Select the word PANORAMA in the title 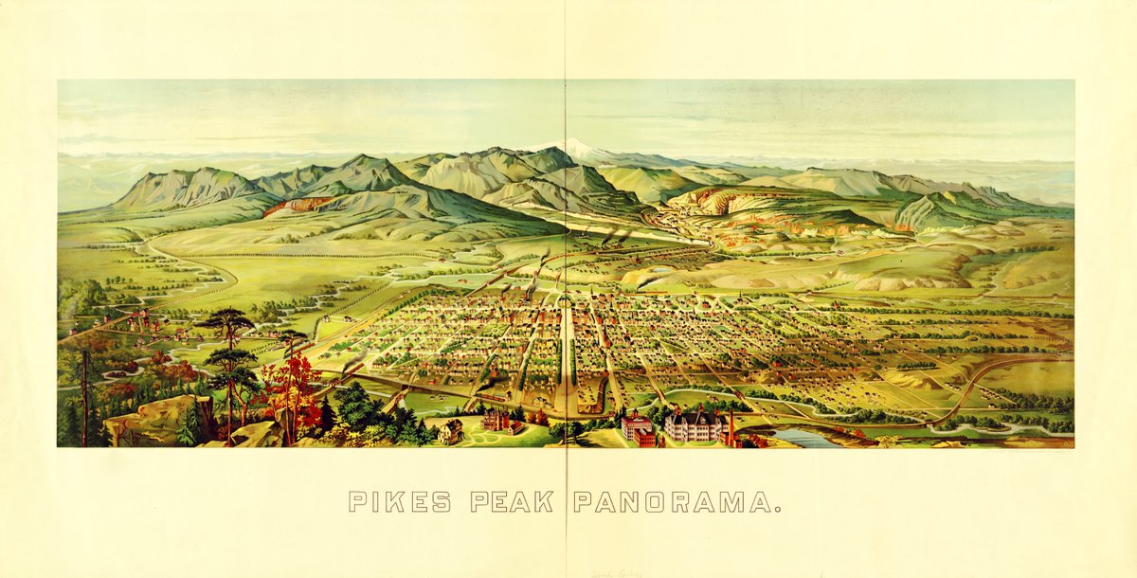tap(673, 501)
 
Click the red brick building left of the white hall tap(638, 427)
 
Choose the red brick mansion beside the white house tap(498, 420)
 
